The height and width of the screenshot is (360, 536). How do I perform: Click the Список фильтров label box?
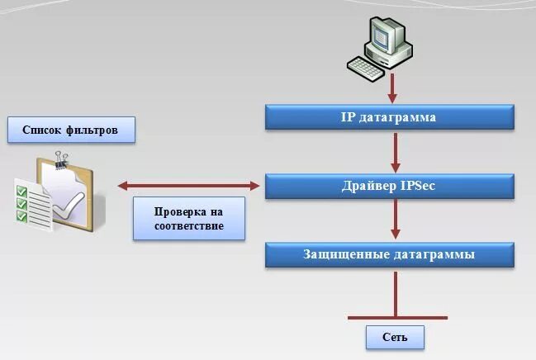(70, 130)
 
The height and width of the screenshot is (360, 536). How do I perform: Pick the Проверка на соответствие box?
(189, 218)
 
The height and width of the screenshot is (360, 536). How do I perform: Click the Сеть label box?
(395, 337)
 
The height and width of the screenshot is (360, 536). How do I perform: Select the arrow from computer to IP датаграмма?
(393, 85)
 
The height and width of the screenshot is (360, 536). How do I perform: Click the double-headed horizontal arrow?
(188, 186)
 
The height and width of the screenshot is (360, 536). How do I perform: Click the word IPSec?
(416, 186)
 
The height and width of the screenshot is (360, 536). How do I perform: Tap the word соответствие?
(189, 225)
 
